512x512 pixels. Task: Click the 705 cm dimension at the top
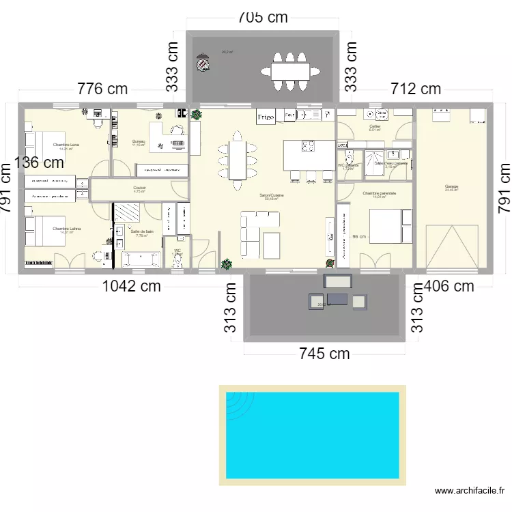[x=263, y=18]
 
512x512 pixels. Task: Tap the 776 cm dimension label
[x=102, y=89]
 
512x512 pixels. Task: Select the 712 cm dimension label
[x=415, y=89]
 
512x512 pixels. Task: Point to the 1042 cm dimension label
[x=131, y=286]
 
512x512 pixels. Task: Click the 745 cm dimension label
[x=324, y=353]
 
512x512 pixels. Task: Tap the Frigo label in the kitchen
[x=266, y=117]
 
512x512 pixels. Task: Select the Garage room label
[x=451, y=186]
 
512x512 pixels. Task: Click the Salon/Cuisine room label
[x=271, y=195]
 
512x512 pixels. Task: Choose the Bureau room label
[x=139, y=142]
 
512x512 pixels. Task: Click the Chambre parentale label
[x=376, y=193]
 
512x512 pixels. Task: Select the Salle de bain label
[x=142, y=232]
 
